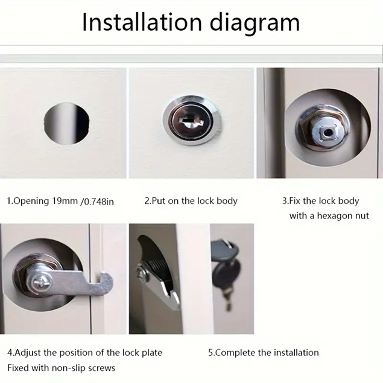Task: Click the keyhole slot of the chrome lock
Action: (191, 122)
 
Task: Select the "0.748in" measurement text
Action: (96, 201)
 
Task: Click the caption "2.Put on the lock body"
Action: (191, 201)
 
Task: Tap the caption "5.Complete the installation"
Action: (264, 352)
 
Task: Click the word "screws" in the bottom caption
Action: (103, 368)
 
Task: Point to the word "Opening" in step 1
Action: (30, 201)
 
